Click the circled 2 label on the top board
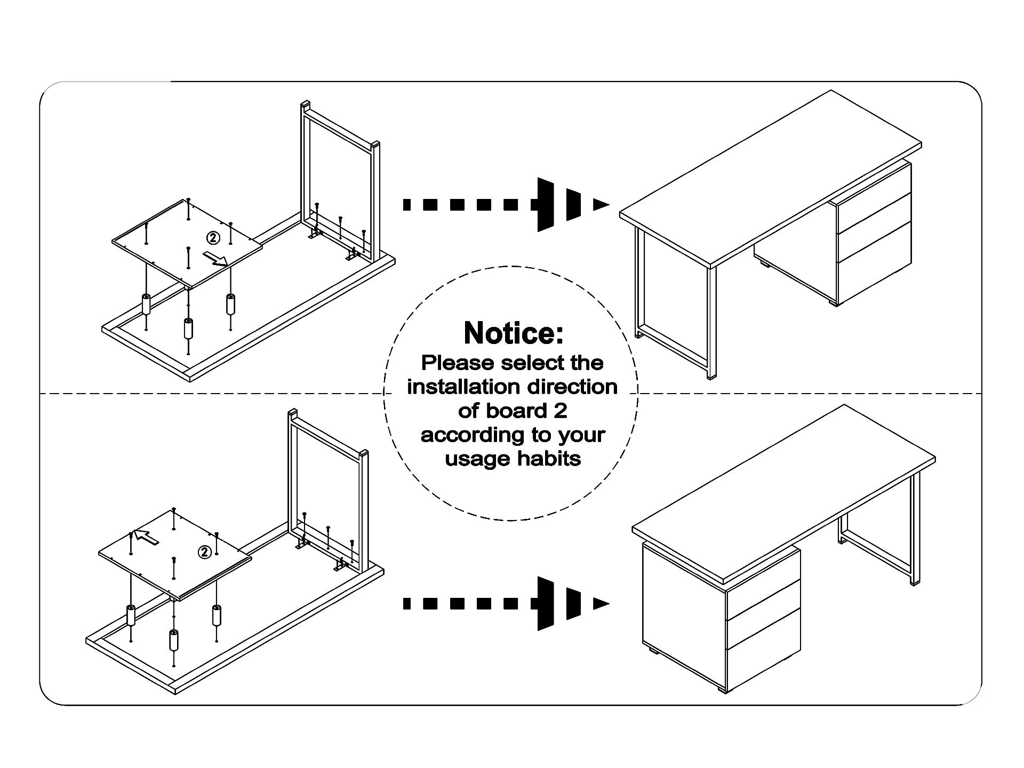pyautogui.click(x=213, y=237)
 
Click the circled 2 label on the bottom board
pyautogui.click(x=205, y=553)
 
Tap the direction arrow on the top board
pyautogui.click(x=215, y=259)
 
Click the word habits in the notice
pyautogui.click(x=549, y=459)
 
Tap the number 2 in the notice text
pyautogui.click(x=560, y=411)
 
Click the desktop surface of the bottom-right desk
pyautogui.click(x=784, y=493)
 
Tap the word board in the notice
pyautogui.click(x=516, y=411)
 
